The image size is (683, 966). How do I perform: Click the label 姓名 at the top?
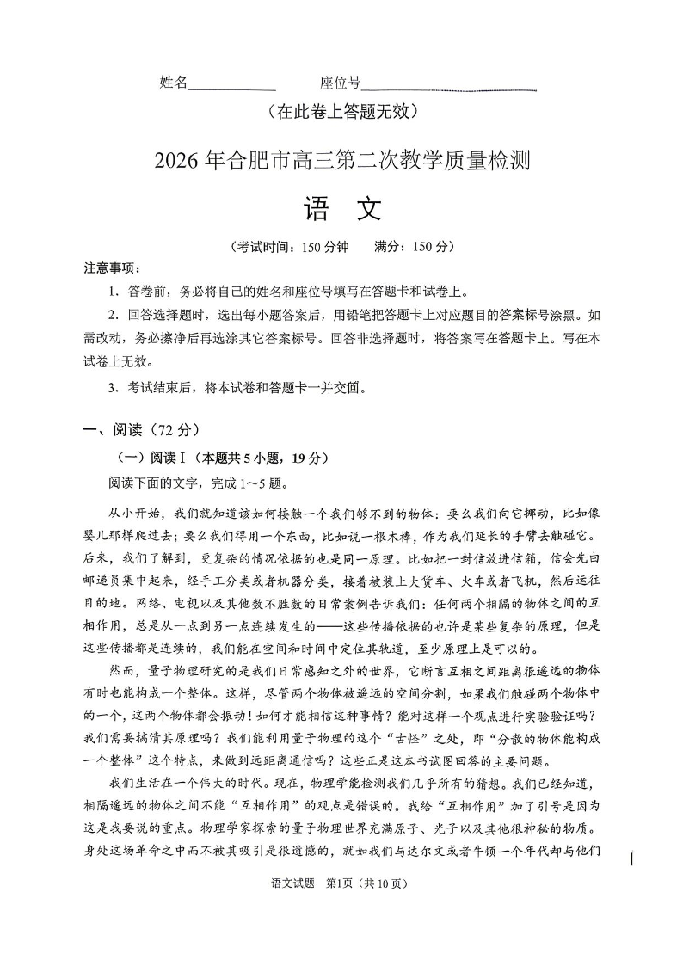point(173,83)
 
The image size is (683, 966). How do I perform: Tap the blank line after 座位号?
point(449,89)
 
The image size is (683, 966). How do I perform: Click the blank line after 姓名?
point(231,89)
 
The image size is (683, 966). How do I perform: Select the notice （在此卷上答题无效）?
point(341,111)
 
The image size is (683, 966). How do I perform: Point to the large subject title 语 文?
point(341,210)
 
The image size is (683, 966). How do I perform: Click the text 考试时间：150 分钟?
point(290,247)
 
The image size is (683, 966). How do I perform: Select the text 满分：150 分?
point(413,247)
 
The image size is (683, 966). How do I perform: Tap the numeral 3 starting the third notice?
point(113,388)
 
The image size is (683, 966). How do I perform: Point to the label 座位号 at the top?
point(340,83)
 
